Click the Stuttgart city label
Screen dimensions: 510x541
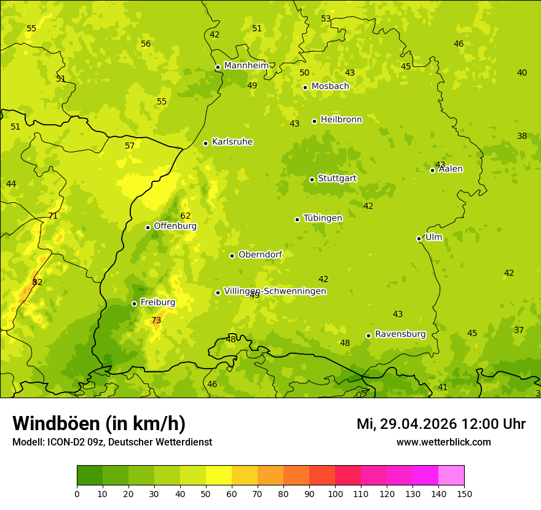[x=337, y=178]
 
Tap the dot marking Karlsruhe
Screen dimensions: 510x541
[x=205, y=143]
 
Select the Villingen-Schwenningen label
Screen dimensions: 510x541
[x=275, y=291]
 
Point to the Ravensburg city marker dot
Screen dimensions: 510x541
[x=368, y=335]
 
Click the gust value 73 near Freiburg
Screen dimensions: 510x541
[x=156, y=320]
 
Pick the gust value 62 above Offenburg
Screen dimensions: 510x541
[x=186, y=216]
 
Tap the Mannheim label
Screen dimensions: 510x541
[x=246, y=65]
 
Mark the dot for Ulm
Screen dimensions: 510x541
[x=419, y=238]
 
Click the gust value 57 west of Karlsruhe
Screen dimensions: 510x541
[x=130, y=146]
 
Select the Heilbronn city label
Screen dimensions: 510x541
[x=341, y=119]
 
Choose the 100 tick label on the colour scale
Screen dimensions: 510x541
[x=335, y=493]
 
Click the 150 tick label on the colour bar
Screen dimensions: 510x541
[x=464, y=493]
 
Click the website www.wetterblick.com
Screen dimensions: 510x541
[x=443, y=442]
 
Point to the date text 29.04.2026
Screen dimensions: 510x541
[x=418, y=424]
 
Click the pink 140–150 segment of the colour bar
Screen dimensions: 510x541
[x=451, y=476]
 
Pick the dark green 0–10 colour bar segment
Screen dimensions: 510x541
[x=90, y=476]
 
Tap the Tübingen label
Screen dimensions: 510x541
[x=323, y=218]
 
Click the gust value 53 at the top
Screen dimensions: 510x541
[x=326, y=19]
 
